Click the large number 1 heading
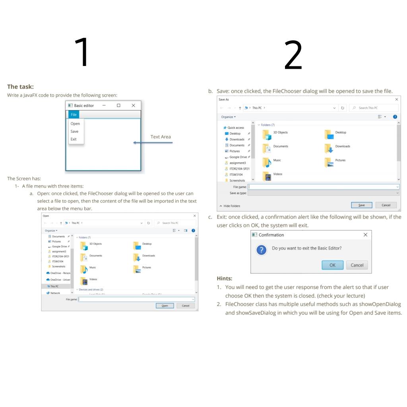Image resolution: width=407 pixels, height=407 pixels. tap(83, 52)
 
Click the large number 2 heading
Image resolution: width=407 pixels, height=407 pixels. tap(293, 55)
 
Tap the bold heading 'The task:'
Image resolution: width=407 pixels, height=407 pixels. tap(20, 87)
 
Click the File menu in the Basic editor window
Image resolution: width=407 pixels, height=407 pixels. tap(74, 114)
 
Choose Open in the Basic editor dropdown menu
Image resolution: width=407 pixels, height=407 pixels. tap(75, 124)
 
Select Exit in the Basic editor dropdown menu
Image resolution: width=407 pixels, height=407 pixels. tap(74, 139)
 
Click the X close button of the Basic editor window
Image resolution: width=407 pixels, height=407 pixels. tap(133, 105)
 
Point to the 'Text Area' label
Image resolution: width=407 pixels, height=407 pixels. tap(161, 137)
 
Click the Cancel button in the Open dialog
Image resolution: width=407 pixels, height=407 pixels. tap(185, 306)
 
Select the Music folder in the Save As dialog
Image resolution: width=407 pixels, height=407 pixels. tap(277, 160)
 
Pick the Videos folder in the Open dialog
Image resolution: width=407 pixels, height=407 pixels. tap(93, 279)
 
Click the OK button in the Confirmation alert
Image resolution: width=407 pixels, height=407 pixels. tap(332, 265)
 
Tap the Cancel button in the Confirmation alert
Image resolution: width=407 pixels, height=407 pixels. tap(357, 265)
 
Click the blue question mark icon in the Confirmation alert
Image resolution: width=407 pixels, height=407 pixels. tap(261, 250)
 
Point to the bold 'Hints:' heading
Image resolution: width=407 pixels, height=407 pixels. tap(225, 279)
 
